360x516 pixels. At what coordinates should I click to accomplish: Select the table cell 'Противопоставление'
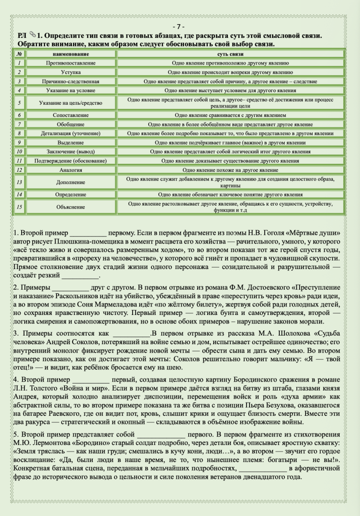(x=71, y=63)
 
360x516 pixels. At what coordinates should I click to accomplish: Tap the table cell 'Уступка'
(x=71, y=72)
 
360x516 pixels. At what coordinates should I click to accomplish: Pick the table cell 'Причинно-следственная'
(x=71, y=81)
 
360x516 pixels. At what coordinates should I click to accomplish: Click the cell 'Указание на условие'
(x=71, y=90)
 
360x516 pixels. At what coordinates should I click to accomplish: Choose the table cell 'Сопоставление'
(x=71, y=115)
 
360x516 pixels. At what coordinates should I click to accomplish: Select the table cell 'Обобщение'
(x=71, y=124)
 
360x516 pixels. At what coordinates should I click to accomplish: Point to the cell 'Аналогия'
(x=71, y=170)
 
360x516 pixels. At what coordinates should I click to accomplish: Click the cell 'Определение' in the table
(x=71, y=194)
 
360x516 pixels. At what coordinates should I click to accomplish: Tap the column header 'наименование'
(x=71, y=53)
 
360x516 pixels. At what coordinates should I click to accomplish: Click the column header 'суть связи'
(x=230, y=53)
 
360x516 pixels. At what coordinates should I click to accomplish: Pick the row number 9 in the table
(x=19, y=143)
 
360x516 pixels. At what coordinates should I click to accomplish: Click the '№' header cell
(x=19, y=53)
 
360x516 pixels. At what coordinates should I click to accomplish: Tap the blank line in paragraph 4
(x=91, y=378)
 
